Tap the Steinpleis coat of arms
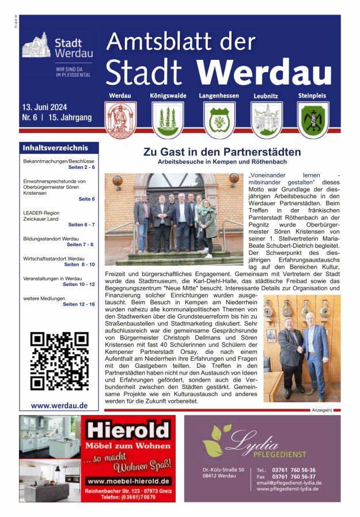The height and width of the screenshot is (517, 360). [313, 120]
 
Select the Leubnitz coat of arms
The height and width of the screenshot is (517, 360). [266, 120]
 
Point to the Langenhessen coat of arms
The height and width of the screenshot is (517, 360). [218, 120]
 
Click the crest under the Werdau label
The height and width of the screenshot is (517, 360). [120, 120]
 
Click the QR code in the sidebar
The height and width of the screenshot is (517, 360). [59, 361]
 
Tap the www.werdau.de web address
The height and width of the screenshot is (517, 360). [59, 405]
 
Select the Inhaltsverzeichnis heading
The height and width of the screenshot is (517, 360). [55, 148]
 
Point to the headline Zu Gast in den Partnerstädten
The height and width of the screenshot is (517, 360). [222, 153]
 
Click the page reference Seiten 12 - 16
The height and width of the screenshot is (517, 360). [78, 304]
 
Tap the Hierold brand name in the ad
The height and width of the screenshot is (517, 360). [127, 430]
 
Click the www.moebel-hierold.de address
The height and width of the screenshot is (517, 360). [128, 481]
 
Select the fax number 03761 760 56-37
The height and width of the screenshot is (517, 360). [293, 477]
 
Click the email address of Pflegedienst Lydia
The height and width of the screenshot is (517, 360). [289, 483]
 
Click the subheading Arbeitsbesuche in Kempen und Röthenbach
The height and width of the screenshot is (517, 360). [222, 163]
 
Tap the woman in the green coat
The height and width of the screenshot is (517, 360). [209, 225]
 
